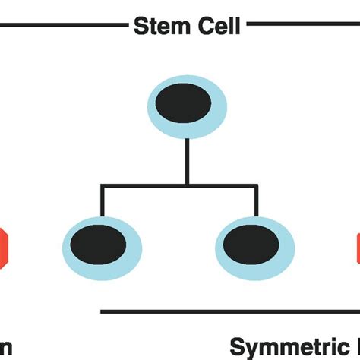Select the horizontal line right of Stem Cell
(303, 24)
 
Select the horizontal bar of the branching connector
(144, 184)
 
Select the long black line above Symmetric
(228, 311)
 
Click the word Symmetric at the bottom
(285, 347)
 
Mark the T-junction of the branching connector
(187, 184)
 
